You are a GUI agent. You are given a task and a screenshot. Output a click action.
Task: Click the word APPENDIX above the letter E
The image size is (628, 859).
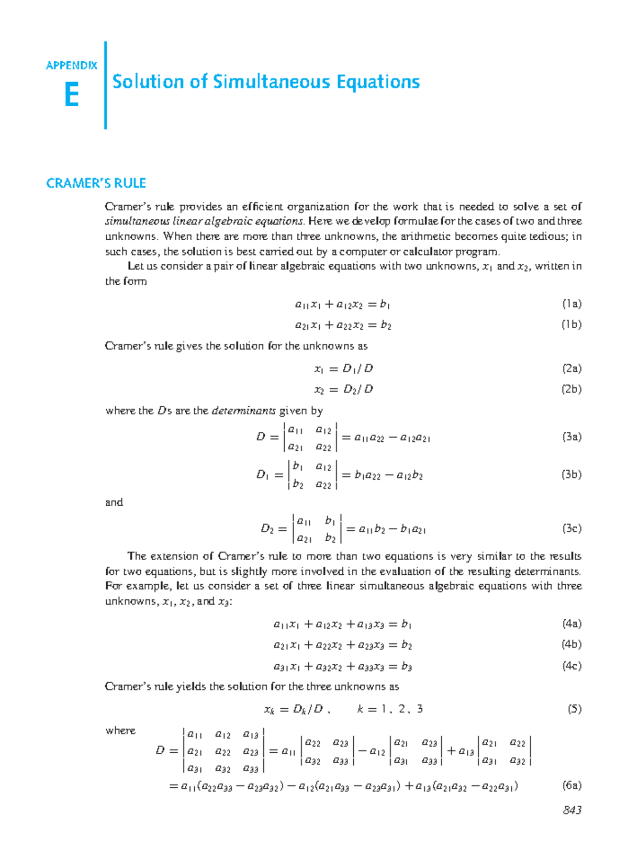pyautogui.click(x=72, y=65)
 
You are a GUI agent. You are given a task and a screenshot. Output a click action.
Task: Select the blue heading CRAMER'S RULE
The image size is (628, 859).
pyautogui.click(x=96, y=183)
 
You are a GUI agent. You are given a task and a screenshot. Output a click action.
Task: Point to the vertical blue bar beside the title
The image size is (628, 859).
pyautogui.click(x=106, y=85)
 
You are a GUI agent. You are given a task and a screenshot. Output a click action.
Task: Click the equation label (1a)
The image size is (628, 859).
pyautogui.click(x=571, y=304)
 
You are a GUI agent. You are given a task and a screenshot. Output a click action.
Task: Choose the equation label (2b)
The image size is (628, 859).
pyautogui.click(x=571, y=389)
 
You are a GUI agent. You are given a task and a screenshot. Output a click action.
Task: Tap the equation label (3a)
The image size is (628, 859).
pyautogui.click(x=571, y=437)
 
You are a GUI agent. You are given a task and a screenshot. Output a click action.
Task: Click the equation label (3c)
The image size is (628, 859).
pyautogui.click(x=571, y=528)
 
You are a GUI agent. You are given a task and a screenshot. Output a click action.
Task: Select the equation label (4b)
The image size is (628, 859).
pyautogui.click(x=571, y=644)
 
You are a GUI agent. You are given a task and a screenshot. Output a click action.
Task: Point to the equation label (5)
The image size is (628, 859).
pyautogui.click(x=574, y=709)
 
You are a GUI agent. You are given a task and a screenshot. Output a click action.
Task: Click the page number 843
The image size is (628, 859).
pyautogui.click(x=572, y=810)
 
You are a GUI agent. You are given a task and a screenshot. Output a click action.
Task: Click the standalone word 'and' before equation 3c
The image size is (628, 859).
pyautogui.click(x=114, y=503)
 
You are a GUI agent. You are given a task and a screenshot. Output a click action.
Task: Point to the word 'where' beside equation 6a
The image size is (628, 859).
pyautogui.click(x=120, y=730)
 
